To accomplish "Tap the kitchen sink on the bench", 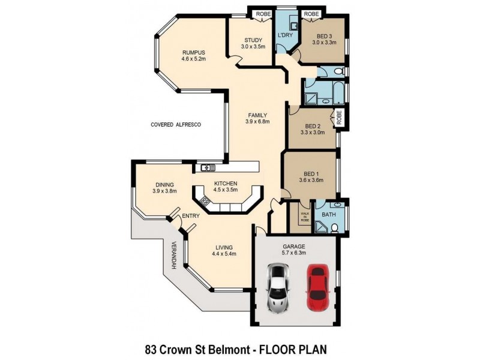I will click(208, 167).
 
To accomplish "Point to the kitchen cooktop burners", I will click(205, 202).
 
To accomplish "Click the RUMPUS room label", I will click(194, 52).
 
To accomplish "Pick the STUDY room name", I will click(252, 40).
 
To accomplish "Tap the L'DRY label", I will click(284, 36).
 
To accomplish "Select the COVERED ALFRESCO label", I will click(175, 125).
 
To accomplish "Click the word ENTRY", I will click(190, 216).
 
